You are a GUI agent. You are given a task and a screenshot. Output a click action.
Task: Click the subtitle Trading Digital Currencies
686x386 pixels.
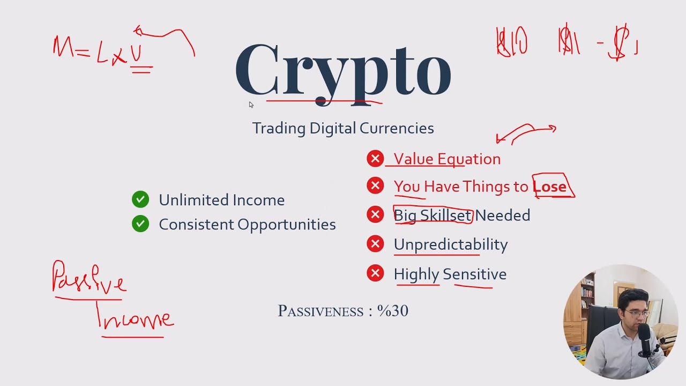[x=343, y=128]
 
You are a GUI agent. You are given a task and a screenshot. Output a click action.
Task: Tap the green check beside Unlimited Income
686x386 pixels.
[x=140, y=199]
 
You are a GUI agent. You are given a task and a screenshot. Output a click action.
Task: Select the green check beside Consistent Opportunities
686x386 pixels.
[x=140, y=224]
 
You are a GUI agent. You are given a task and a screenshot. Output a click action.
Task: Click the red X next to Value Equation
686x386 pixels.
[x=375, y=159]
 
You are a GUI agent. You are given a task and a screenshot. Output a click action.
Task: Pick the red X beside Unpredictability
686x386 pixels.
[x=375, y=244]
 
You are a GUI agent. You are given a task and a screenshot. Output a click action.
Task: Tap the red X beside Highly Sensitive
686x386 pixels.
[x=375, y=273]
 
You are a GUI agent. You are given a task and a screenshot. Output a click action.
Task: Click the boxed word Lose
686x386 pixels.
[x=550, y=187]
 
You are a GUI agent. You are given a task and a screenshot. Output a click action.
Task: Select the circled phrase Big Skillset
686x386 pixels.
[x=433, y=216]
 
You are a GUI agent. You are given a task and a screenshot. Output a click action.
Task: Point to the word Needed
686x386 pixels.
[x=503, y=216]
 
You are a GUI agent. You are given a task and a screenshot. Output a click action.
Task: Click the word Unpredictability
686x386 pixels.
[x=451, y=244]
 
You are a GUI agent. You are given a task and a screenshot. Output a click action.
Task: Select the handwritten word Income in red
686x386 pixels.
[x=136, y=318]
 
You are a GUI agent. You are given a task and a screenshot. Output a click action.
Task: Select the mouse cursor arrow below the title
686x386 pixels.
[x=250, y=105]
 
